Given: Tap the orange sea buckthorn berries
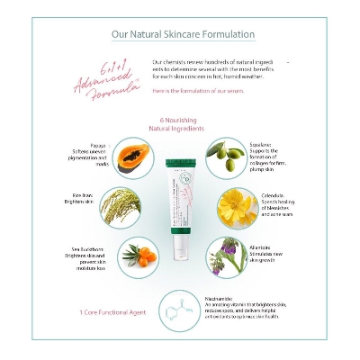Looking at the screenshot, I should click(133, 256).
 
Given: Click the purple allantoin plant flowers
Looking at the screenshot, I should click(230, 256).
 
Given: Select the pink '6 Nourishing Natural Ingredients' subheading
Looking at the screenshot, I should click(179, 124).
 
